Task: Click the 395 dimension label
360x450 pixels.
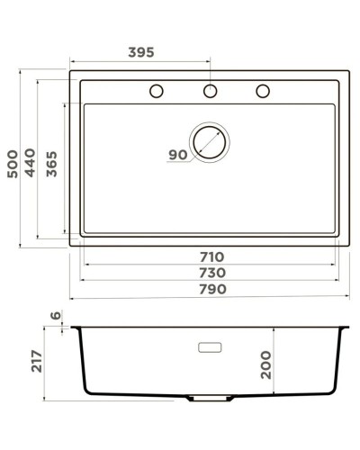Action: [140, 52]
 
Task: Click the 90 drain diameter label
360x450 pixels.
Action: [177, 155]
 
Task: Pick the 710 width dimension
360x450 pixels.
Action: [212, 257]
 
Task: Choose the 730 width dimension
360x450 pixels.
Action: [212, 273]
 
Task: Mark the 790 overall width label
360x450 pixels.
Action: [212, 289]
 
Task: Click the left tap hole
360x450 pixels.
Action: [156, 91]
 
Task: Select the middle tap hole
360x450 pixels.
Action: [210, 91]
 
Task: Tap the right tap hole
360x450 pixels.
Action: [264, 91]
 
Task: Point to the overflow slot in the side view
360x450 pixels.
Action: [210, 345]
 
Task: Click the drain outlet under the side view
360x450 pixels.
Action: [210, 397]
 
